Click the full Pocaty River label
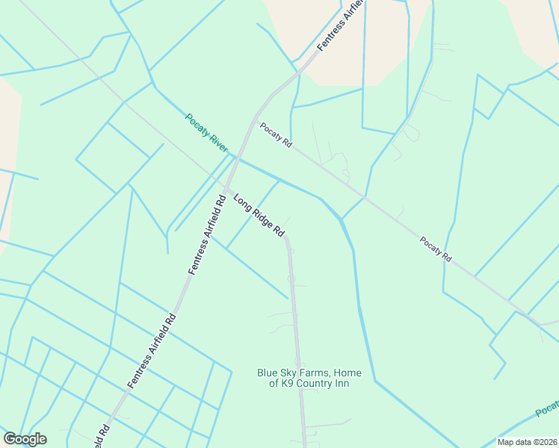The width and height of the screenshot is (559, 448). coord(207,133)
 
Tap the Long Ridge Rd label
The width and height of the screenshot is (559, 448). coord(259,216)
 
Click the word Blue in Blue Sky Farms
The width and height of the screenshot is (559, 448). coord(268,373)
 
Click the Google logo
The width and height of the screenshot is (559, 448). coord(25,439)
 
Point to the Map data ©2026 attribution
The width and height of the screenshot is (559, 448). coord(527,442)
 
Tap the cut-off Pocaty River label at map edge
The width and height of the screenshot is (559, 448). coord(548,409)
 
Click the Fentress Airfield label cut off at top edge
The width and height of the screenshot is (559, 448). coord(340,26)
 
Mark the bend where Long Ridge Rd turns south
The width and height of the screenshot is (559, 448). coord(287,240)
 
